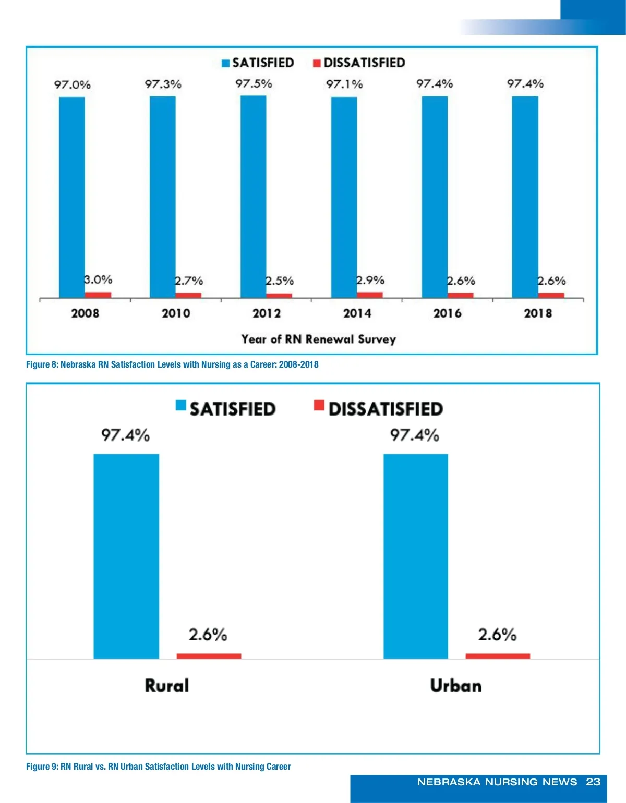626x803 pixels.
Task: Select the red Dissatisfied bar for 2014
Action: pos(370,295)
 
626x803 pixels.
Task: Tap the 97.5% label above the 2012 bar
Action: pos(254,84)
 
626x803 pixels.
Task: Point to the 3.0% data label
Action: pos(98,280)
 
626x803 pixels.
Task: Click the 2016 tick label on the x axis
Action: pos(447,313)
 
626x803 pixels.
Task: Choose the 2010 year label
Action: pos(176,313)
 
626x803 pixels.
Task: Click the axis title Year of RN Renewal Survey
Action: pos(318,339)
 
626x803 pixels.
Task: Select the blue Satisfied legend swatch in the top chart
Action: pos(226,63)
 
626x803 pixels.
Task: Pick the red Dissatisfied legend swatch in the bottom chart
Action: pos(319,406)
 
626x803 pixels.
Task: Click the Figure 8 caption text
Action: pos(172,364)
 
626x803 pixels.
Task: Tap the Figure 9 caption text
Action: pos(159,766)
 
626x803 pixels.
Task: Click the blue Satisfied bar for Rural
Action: pos(126,556)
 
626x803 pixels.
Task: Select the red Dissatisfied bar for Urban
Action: pos(498,656)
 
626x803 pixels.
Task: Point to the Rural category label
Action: pos(167,685)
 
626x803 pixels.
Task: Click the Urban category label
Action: pos(456,685)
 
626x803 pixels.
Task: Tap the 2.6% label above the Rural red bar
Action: pos(208,635)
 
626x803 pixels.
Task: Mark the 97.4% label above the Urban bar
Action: pos(415,435)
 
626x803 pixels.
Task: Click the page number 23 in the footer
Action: pos(593,782)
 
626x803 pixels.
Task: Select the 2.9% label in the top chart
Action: pos(370,281)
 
